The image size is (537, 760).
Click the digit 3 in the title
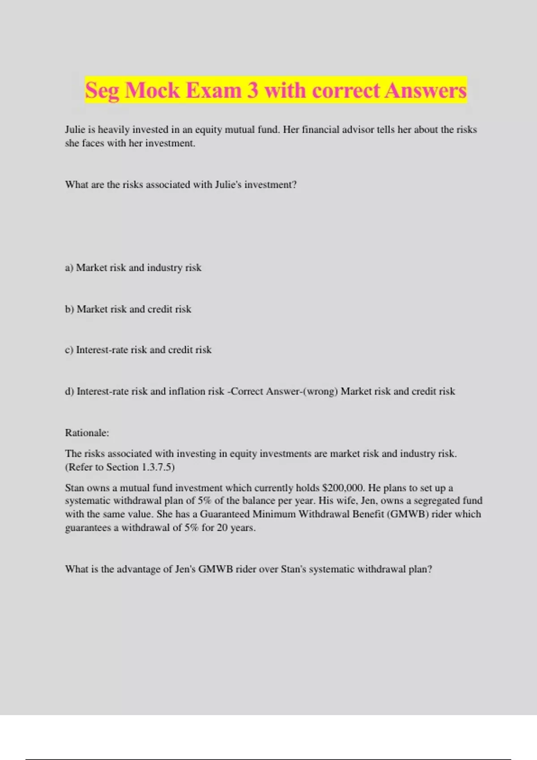click(x=253, y=90)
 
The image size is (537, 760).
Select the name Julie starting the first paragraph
click(x=75, y=130)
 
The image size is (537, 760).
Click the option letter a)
click(x=69, y=268)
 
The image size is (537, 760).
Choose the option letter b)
click(x=69, y=309)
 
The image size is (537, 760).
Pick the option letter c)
click(x=69, y=350)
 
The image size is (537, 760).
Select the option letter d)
click(x=69, y=392)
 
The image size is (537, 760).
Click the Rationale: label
click(x=87, y=433)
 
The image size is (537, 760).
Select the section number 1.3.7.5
click(x=157, y=467)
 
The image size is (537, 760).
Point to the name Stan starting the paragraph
click(x=75, y=488)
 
